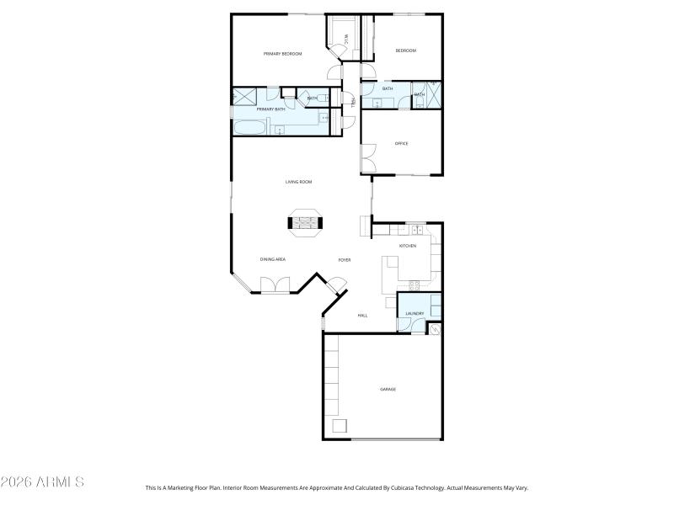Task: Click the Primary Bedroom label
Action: [282, 54]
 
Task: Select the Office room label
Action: [401, 144]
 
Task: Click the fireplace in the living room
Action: [304, 223]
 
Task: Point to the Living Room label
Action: [298, 182]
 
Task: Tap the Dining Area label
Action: [272, 259]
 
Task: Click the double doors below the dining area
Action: [275, 286]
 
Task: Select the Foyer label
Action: [344, 260]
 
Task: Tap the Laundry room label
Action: [414, 314]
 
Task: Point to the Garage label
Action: [388, 390]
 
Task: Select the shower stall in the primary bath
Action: [245, 96]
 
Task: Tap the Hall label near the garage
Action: [362, 316]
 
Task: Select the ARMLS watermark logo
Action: [42, 482]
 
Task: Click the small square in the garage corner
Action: [340, 426]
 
